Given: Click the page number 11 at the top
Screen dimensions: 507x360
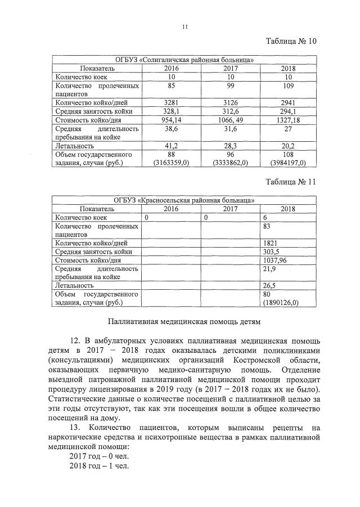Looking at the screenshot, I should point(184,26).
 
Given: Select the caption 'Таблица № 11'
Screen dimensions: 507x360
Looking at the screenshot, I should point(291,182).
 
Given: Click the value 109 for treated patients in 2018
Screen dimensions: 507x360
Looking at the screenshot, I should point(288,86).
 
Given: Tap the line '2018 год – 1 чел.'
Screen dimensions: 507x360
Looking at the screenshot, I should point(99,466).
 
